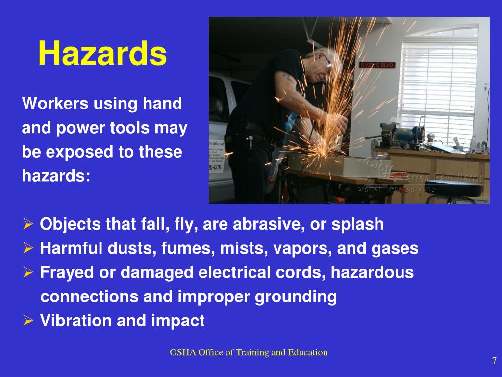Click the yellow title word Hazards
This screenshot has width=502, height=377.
pos(102,54)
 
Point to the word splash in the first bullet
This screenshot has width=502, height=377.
pos(358,224)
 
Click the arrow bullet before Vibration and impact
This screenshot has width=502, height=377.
pos(28,321)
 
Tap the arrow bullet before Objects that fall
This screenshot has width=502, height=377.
pos(28,225)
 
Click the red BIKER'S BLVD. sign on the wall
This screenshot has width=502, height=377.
pos(377,65)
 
